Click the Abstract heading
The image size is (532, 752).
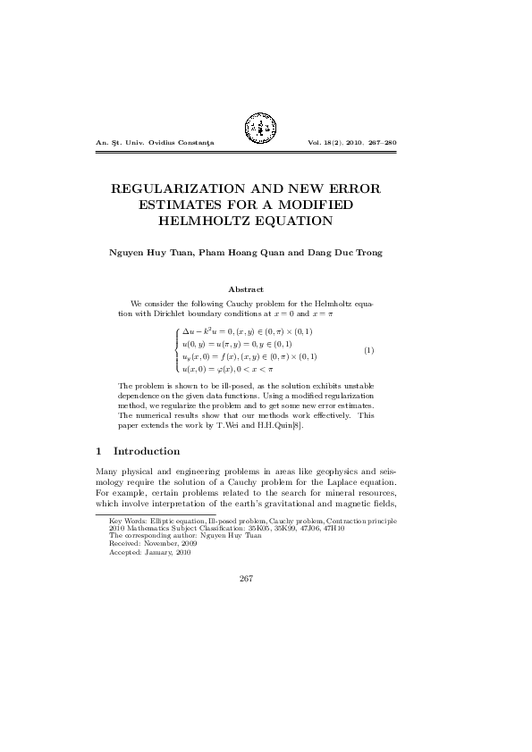pyautogui.click(x=246, y=289)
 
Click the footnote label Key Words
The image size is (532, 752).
pyautogui.click(x=124, y=520)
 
